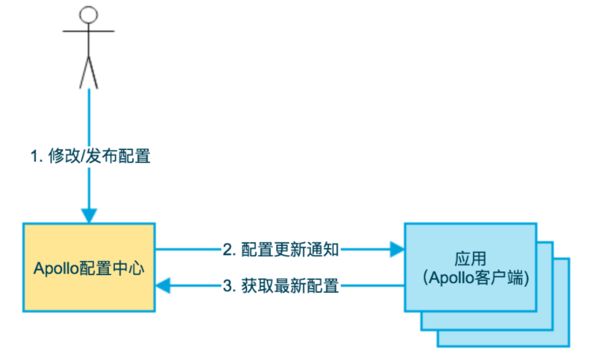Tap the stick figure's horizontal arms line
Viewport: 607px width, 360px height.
(88, 31)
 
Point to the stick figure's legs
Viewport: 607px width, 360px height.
(88, 72)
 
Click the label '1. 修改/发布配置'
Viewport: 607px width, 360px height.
(91, 156)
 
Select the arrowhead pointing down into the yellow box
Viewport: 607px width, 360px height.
(89, 215)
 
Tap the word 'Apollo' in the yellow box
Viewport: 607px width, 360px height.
(56, 269)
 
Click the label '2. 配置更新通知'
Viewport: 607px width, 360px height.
(281, 250)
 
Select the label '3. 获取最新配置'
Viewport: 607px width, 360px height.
(281, 286)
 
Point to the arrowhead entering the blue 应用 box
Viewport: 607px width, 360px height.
(397, 250)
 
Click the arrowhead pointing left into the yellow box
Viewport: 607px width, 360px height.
(162, 286)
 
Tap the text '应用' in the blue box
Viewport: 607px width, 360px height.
(470, 259)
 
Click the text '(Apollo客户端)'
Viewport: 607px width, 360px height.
(476, 278)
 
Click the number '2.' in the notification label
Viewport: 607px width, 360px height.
(229, 250)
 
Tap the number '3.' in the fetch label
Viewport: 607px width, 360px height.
(229, 286)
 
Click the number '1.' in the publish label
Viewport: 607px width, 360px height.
(37, 157)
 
